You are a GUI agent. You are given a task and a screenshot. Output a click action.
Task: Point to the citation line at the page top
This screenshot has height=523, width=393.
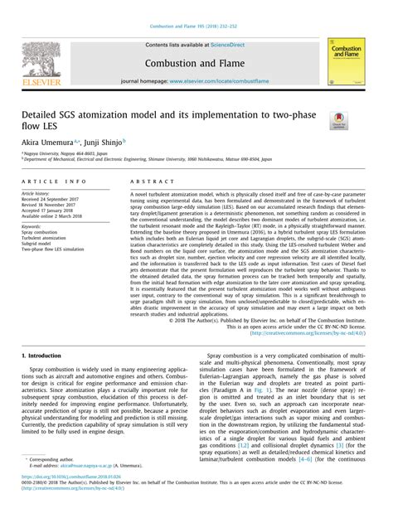click(x=196, y=8)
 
